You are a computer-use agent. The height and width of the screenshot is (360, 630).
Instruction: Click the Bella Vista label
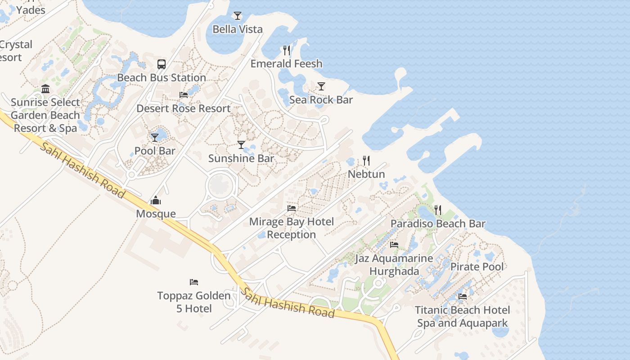pos(238,30)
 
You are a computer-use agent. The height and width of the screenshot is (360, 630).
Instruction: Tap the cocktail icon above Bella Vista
pos(238,16)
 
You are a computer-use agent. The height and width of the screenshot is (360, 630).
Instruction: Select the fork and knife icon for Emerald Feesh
pos(287,50)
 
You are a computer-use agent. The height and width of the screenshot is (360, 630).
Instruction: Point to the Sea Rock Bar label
pos(321,100)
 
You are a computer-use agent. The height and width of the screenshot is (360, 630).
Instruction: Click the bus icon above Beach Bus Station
pos(162,64)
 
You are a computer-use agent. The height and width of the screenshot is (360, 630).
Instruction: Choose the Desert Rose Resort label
pos(184,108)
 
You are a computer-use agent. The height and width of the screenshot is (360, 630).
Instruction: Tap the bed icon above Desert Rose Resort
pos(184,95)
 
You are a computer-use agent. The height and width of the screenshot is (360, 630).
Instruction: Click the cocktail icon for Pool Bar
pos(155,137)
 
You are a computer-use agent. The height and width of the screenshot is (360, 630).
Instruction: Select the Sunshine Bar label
pos(241,158)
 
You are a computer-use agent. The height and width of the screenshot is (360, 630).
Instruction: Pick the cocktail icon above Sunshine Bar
pos(241,145)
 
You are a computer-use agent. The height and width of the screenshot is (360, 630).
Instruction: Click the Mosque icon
pos(156,200)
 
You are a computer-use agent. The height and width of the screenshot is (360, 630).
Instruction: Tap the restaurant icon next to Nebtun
pos(366,161)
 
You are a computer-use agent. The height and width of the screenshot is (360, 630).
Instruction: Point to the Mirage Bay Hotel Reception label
pos(292,228)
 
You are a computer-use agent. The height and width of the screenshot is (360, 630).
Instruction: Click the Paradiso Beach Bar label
pos(438,224)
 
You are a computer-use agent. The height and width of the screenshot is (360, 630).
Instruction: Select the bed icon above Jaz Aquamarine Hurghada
pos(394,245)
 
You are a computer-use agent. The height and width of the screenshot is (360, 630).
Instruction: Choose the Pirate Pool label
pos(477,266)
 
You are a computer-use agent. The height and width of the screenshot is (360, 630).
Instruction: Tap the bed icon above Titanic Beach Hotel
pos(463,297)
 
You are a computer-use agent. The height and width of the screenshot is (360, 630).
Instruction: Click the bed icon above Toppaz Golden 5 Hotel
pos(194,282)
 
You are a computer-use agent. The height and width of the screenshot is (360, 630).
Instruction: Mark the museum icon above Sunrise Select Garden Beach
pos(45,89)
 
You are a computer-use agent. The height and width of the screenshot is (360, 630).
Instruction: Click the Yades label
pos(31,10)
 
